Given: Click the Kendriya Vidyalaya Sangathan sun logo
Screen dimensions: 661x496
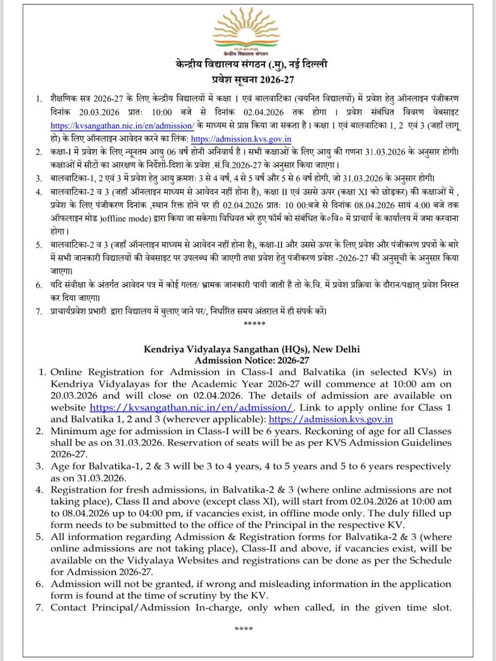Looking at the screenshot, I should point(247,33).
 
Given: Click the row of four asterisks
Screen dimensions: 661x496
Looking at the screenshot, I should point(243,629).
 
